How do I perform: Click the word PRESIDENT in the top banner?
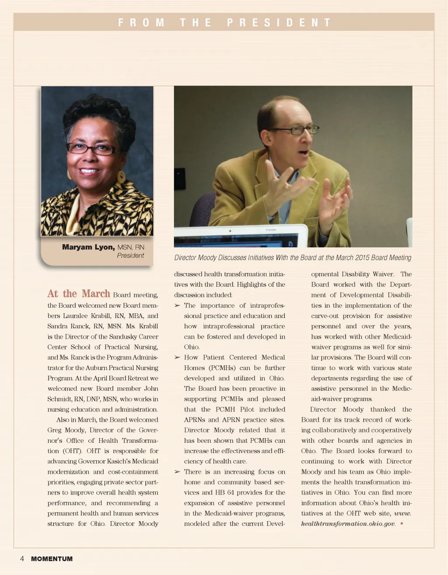pyautogui.click(x=279, y=22)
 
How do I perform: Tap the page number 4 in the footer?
pyautogui.click(x=22, y=559)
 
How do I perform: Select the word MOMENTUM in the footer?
pyautogui.click(x=52, y=559)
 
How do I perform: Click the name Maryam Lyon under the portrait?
pyautogui.click(x=88, y=247)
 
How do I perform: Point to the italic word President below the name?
pyautogui.click(x=130, y=256)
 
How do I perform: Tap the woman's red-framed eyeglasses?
pyautogui.click(x=91, y=149)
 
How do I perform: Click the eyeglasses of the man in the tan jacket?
pyautogui.click(x=295, y=130)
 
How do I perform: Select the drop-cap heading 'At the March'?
pyautogui.click(x=79, y=294)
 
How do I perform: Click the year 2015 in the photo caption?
pyautogui.click(x=362, y=258)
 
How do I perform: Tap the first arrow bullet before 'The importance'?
pyautogui.click(x=177, y=305)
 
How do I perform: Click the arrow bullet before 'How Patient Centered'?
pyautogui.click(x=177, y=358)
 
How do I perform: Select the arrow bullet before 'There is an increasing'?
pyautogui.click(x=177, y=472)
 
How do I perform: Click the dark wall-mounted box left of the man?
pyautogui.click(x=180, y=179)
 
